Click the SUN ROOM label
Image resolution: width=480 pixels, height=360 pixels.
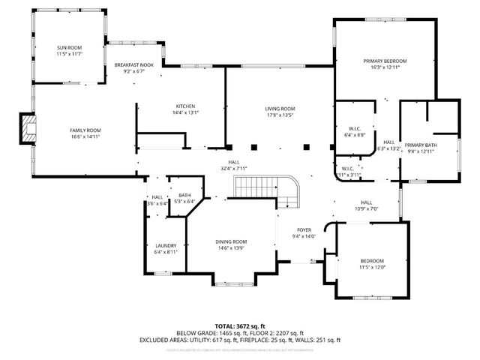69,47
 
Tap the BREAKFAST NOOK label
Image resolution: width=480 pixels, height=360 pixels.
134,65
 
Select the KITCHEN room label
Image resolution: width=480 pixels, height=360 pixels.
186,106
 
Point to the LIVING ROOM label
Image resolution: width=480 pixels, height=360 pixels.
279,108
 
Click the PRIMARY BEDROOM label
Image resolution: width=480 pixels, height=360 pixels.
385,61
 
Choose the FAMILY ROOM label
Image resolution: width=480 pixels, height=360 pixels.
85,130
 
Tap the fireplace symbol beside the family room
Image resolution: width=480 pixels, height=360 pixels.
28,128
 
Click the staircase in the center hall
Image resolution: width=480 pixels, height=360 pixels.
262,187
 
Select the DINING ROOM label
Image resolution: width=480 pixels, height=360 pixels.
231,241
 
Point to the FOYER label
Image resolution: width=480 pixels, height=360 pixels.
303,229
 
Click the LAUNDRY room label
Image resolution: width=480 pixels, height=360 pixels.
165,245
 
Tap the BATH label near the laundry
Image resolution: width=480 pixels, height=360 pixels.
184,195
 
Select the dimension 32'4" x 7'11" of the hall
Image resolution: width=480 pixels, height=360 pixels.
234,169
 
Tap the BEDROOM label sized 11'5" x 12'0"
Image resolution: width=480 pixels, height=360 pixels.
372,260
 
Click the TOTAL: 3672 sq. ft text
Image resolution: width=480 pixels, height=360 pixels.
240,326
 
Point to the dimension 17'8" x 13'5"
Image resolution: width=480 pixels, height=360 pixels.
279,115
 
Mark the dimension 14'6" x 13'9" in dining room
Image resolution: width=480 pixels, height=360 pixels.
231,247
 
